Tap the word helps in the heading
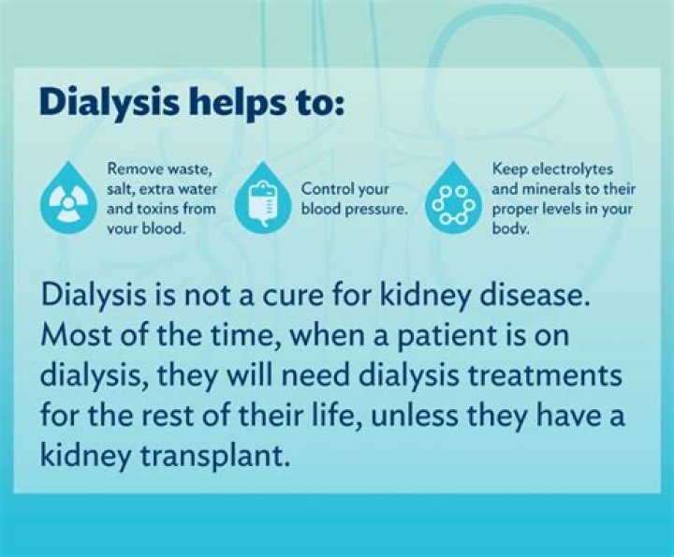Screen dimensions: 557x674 click(226, 101)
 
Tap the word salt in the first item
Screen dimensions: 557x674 click(123, 189)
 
